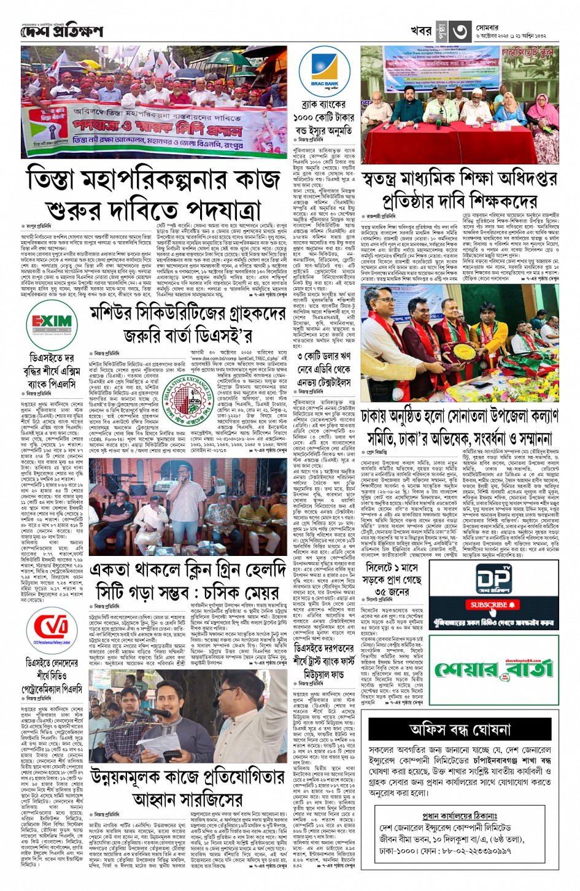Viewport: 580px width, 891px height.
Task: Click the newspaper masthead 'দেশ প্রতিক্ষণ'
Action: (x=61, y=31)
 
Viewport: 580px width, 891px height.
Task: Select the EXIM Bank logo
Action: (x=52, y=323)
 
